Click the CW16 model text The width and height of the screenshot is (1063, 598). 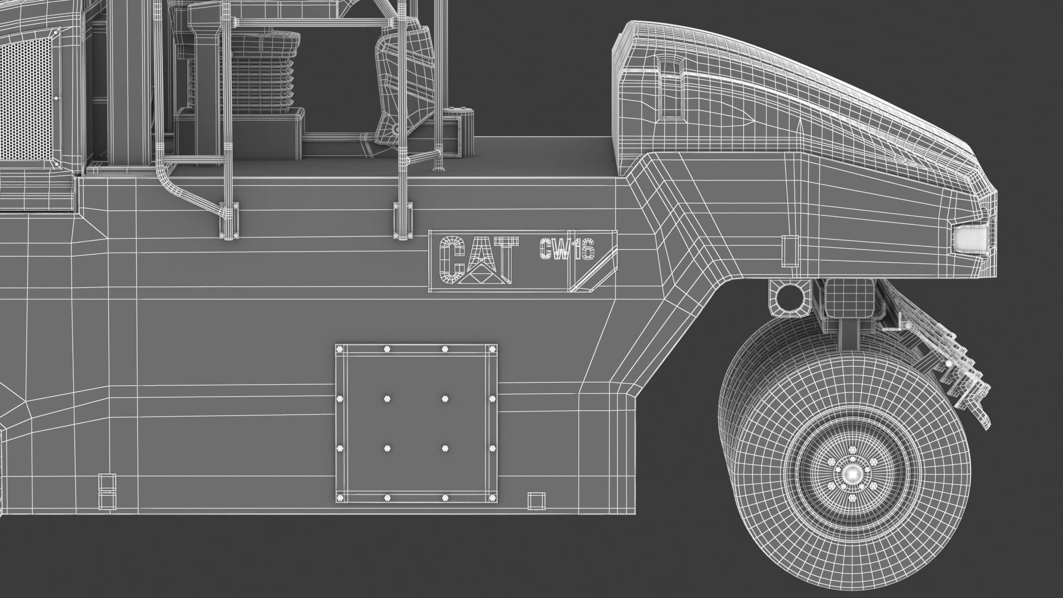tap(567, 249)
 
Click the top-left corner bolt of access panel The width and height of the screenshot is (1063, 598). tap(340, 348)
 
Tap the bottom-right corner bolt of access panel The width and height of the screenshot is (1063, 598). tap(492, 497)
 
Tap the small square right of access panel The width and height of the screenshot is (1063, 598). tap(536, 501)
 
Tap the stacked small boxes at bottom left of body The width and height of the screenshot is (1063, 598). tap(106, 491)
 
